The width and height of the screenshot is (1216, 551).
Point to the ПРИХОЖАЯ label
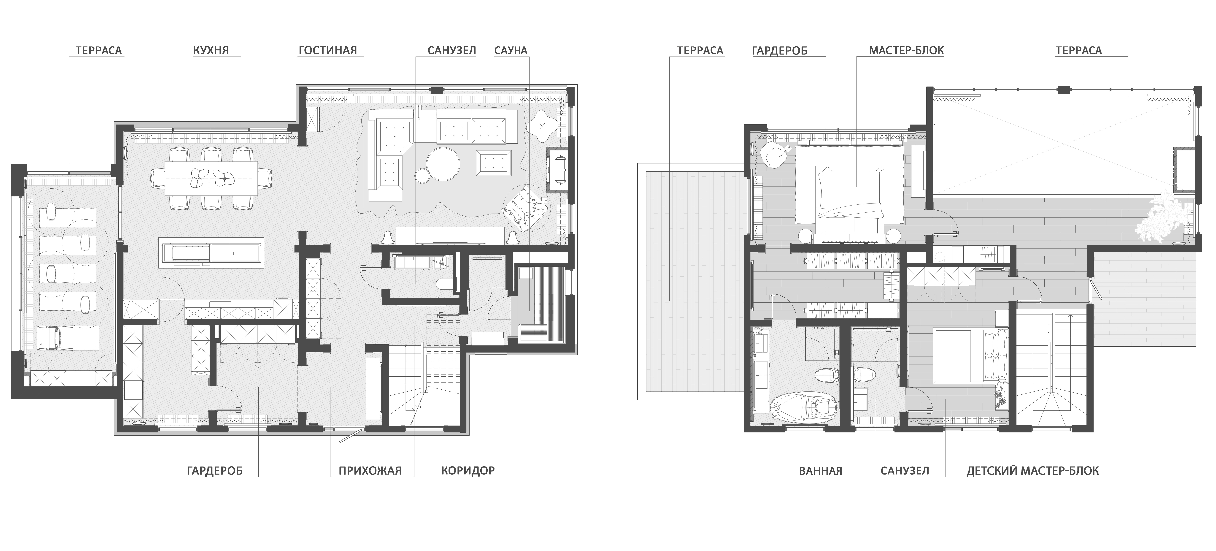click(x=370, y=471)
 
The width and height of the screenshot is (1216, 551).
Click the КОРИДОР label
click(x=468, y=471)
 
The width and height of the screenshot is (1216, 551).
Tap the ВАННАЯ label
click(x=820, y=471)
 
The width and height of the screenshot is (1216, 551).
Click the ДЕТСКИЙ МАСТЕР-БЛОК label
click(x=1033, y=471)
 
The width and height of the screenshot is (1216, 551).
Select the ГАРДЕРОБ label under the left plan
click(x=215, y=471)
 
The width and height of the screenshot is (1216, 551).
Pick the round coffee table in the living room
click(x=443, y=163)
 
